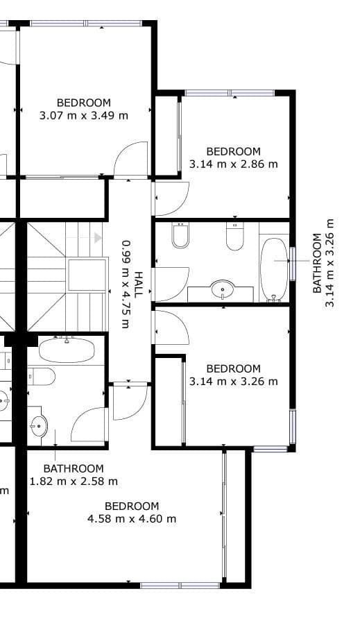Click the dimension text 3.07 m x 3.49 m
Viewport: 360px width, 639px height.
point(84,116)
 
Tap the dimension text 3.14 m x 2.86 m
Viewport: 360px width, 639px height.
point(233,164)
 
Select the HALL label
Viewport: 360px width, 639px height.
point(139,284)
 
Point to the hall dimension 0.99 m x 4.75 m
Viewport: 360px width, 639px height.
point(126,284)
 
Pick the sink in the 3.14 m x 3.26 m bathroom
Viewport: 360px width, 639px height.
point(223,288)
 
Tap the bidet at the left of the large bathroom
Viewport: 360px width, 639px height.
point(180,236)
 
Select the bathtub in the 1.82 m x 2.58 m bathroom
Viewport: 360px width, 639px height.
point(67,348)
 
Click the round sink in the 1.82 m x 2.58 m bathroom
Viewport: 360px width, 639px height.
point(39,425)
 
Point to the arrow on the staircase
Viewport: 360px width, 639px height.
point(97,237)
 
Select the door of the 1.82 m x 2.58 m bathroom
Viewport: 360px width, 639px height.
point(89,425)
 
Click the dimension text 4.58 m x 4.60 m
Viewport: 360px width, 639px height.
point(132,518)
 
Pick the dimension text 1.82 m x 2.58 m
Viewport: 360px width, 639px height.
point(74,481)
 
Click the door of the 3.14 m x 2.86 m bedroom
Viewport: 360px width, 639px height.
point(171,198)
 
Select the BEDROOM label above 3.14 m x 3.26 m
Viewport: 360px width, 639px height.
point(233,368)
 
